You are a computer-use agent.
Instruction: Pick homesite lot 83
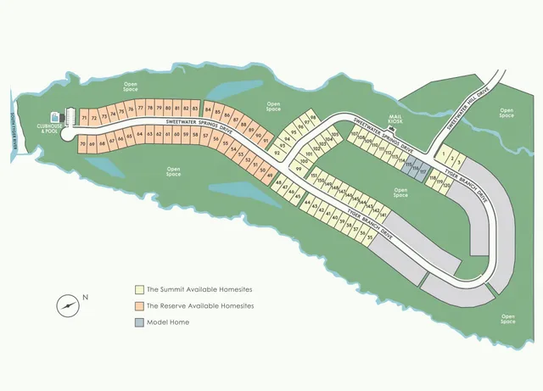click(195, 109)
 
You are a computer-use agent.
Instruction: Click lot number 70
click(82, 145)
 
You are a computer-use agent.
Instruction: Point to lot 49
click(270, 175)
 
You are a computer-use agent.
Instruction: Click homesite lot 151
click(314, 176)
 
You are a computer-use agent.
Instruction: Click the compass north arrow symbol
click(67, 305)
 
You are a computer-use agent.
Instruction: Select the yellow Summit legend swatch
click(139, 288)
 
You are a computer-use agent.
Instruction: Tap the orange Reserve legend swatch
click(139, 305)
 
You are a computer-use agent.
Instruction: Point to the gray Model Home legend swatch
click(139, 322)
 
